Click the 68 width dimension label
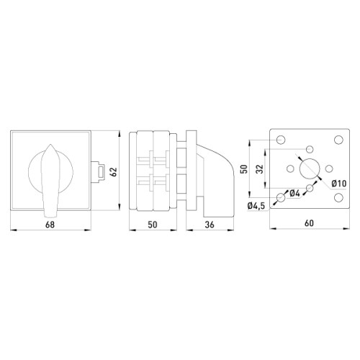(50, 225)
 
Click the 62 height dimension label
(114, 171)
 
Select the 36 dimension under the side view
(210, 225)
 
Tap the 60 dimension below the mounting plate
(309, 223)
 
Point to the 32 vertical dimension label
(259, 169)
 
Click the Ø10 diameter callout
(339, 184)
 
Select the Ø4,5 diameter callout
(256, 206)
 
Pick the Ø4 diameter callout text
(295, 193)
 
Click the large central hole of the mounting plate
(310, 168)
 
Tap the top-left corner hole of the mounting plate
(281, 140)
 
